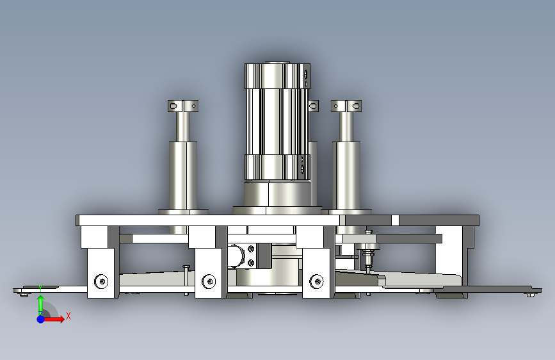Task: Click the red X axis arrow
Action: pos(54,319)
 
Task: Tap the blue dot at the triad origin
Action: pos(41,319)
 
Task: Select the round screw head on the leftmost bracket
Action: pos(102,281)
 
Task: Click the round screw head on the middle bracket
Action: pos(209,281)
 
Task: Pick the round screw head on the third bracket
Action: pos(316,281)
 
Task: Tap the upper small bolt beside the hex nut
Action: pos(251,249)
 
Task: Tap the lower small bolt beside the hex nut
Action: pos(251,263)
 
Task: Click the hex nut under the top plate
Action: pos(237,256)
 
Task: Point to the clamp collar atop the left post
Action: pos(183,106)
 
